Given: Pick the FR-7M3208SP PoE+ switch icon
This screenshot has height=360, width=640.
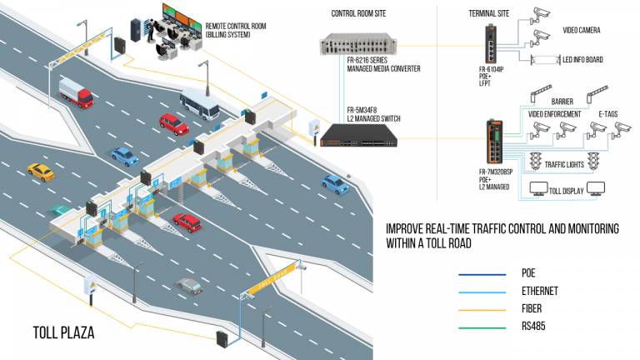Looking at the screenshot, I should (493, 144).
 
